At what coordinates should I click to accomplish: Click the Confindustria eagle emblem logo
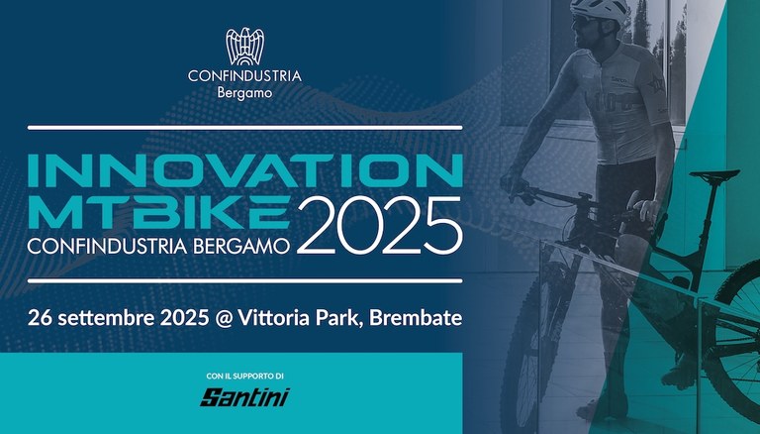245,46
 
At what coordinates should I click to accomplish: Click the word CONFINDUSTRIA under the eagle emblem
245,76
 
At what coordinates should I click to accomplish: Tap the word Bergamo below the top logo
244,95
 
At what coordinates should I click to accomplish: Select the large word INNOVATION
244,169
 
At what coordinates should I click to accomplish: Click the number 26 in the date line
40,319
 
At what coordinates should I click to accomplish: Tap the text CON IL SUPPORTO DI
244,376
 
